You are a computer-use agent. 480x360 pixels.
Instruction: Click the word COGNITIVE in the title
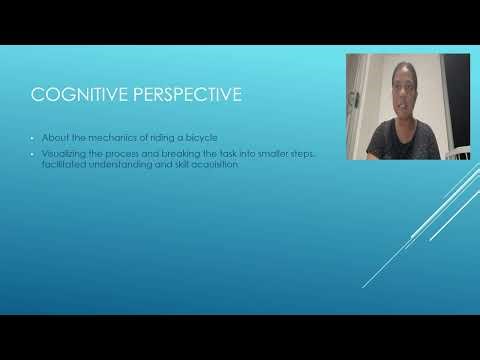(x=75, y=96)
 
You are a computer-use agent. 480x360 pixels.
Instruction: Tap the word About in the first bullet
(x=53, y=137)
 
